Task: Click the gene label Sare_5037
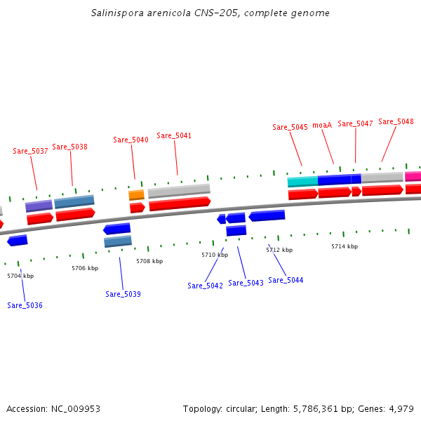click(x=30, y=151)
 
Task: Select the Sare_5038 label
click(x=69, y=147)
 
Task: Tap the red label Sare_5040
click(x=131, y=140)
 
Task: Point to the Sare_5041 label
click(x=174, y=135)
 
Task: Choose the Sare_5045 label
click(x=290, y=127)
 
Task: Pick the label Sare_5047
click(x=355, y=123)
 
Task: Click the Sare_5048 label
click(x=396, y=121)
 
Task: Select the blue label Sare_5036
click(x=25, y=305)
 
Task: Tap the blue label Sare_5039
click(x=123, y=294)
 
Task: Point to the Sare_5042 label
click(x=205, y=286)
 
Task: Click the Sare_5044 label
click(x=286, y=280)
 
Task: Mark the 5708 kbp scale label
click(x=149, y=261)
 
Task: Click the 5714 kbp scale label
click(x=345, y=246)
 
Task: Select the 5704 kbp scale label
click(x=20, y=276)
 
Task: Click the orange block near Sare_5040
click(x=136, y=194)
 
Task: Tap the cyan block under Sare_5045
click(x=302, y=182)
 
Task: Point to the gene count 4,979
click(x=401, y=408)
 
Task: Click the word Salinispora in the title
click(x=116, y=13)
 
